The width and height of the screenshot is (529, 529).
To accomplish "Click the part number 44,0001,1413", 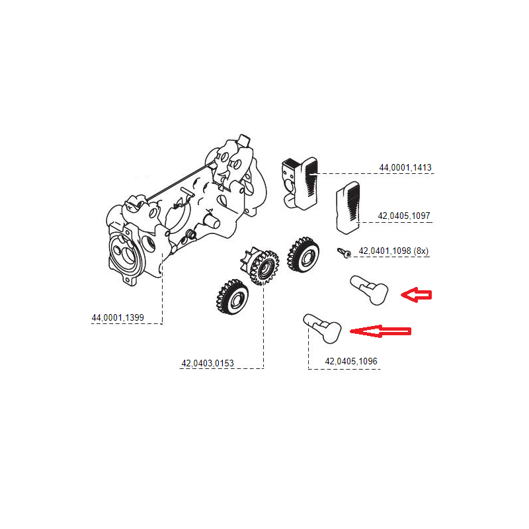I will tap(405, 168).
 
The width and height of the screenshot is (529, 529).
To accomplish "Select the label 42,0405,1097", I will tap(405, 216).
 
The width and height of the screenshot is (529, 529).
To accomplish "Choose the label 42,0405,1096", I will tap(351, 362).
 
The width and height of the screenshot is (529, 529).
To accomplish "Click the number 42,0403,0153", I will tap(207, 362).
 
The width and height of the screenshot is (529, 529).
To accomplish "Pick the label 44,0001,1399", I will tap(118, 318).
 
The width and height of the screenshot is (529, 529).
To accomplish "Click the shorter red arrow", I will tap(417, 295).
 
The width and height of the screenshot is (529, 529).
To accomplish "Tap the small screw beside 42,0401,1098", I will tap(343, 251).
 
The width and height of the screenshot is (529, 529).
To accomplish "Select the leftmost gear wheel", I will tap(231, 298).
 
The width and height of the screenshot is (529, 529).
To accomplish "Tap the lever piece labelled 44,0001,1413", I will tap(301, 181).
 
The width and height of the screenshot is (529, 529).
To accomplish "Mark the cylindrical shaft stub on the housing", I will tap(213, 221).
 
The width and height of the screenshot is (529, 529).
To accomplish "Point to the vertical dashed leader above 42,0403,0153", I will tap(263, 324).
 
